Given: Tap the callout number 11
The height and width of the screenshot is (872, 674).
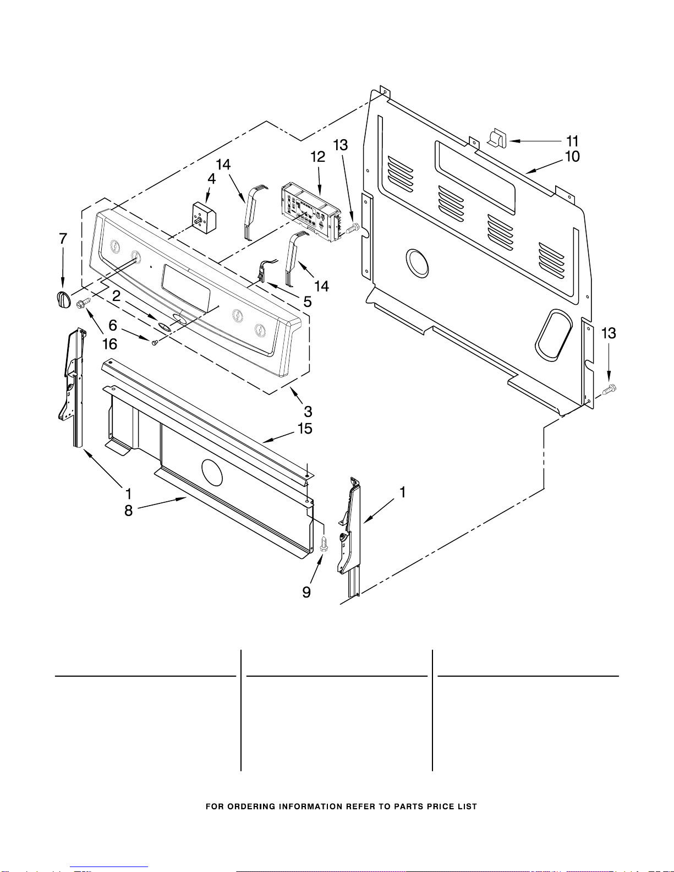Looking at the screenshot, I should pos(572,141).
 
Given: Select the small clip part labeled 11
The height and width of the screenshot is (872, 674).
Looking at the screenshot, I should pos(498,138).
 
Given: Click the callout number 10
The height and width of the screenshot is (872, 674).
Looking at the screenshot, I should pos(572,157).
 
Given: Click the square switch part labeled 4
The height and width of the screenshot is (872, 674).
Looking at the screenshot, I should pos(204,216).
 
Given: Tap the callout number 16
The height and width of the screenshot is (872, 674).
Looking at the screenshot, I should pos(110,344).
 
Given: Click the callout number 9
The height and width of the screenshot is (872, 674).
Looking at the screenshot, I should pos(306,592).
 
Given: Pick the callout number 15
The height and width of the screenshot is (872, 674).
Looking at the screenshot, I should pos(305,429).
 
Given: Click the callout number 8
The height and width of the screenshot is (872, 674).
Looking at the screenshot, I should pos(128,511).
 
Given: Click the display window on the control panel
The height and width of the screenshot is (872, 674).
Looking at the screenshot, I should pos(185,288).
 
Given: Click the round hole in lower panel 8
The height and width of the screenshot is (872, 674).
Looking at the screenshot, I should pos(212,472).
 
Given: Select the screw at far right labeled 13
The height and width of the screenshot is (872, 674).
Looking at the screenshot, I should pos(609,390).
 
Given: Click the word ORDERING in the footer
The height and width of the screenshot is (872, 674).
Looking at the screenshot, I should pos(251,807).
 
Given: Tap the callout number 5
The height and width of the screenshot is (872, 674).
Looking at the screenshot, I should pos(307,301).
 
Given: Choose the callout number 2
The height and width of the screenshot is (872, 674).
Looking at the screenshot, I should pos(116,296).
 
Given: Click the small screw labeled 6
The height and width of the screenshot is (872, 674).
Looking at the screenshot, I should pos(155,342).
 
